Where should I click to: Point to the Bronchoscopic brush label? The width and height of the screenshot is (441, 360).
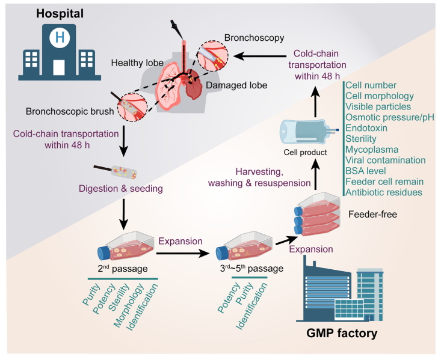[63, 112]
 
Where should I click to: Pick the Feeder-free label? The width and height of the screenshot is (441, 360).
[372, 215]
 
